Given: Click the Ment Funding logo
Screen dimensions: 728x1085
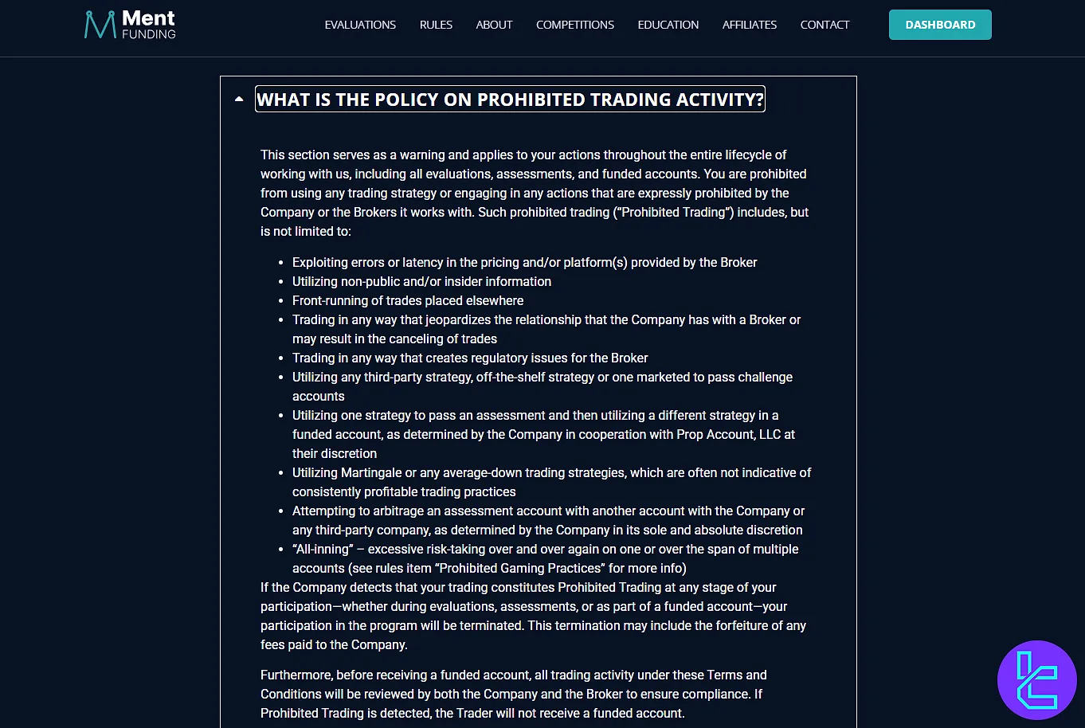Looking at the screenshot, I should click(x=130, y=25).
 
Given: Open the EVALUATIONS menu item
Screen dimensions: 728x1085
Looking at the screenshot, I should click(x=360, y=25).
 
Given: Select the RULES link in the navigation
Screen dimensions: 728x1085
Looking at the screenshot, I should click(x=436, y=25).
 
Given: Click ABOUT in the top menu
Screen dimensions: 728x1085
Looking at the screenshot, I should click(x=494, y=25).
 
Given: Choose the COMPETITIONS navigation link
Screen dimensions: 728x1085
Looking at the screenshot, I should click(x=574, y=25).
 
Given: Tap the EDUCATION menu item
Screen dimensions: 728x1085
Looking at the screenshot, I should click(x=668, y=25).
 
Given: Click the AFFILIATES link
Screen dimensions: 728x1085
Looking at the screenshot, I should click(x=749, y=25).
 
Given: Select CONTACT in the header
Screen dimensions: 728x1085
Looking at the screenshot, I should click(x=825, y=25).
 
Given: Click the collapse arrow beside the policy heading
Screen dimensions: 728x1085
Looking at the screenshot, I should click(x=239, y=100).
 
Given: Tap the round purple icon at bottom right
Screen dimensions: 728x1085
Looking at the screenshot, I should click(x=1036, y=680).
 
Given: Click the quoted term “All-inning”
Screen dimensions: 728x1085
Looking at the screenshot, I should click(x=322, y=549).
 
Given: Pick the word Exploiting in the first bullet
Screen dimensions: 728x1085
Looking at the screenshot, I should click(x=322, y=262).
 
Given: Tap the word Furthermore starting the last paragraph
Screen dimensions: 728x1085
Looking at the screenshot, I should click(x=296, y=675).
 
